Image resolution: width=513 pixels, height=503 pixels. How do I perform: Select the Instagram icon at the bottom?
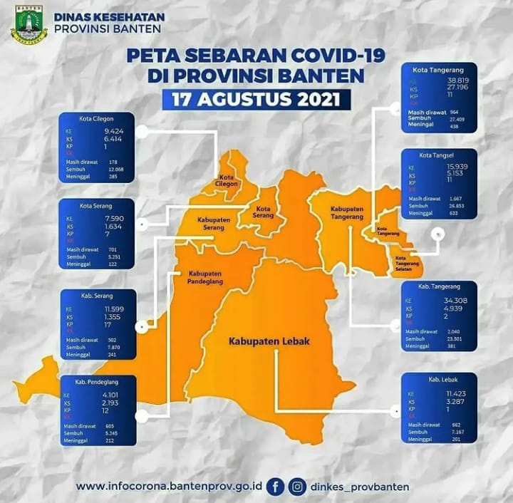point(298,487)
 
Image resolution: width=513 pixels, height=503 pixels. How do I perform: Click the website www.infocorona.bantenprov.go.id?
point(169,487)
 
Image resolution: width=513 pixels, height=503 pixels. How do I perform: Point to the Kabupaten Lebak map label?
point(269,341)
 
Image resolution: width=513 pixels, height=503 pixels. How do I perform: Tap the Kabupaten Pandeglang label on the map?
point(206,277)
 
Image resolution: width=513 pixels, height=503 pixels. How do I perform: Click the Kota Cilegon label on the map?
point(227,180)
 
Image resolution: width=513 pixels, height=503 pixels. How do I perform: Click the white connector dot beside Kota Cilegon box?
point(141,132)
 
